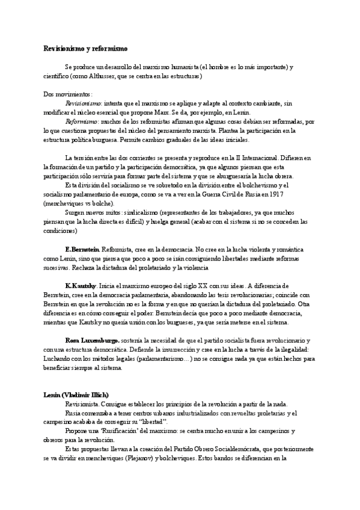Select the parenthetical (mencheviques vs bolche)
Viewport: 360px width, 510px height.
click(79, 203)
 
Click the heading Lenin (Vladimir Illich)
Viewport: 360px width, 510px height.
click(76, 394)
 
